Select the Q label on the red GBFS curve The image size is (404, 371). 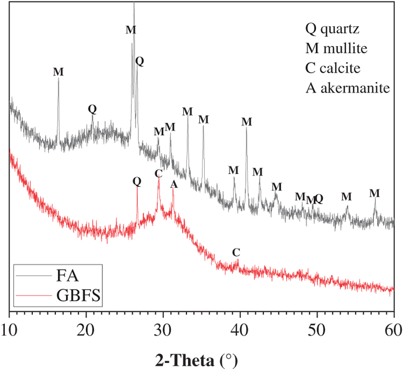tap(137, 181)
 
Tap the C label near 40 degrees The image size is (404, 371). tap(236, 253)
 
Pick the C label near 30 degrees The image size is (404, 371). tap(158, 173)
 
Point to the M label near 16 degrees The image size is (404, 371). tap(58, 72)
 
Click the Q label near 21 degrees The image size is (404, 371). tap(92, 108)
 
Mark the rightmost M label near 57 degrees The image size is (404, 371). tap(375, 193)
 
